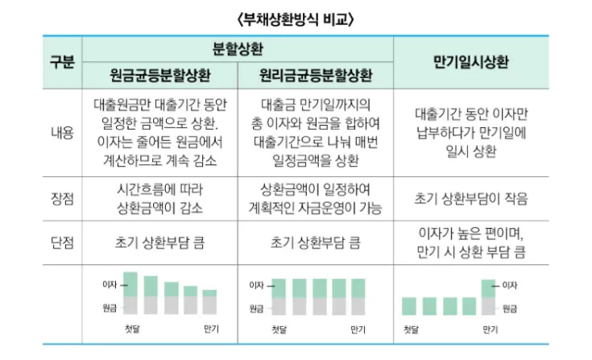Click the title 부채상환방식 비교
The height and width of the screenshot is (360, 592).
[x=296, y=17]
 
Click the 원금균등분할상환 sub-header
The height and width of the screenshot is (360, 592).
[x=162, y=77]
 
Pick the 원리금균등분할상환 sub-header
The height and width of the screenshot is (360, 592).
[x=316, y=77]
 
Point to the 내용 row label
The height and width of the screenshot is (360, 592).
[x=61, y=132]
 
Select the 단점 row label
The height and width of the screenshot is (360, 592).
[x=61, y=241]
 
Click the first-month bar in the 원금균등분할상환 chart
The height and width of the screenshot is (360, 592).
[x=131, y=293]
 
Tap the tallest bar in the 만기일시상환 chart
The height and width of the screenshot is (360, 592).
[x=489, y=296]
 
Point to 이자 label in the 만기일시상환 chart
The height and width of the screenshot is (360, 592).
[x=511, y=285]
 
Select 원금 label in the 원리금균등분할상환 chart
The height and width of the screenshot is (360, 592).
[x=256, y=308]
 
